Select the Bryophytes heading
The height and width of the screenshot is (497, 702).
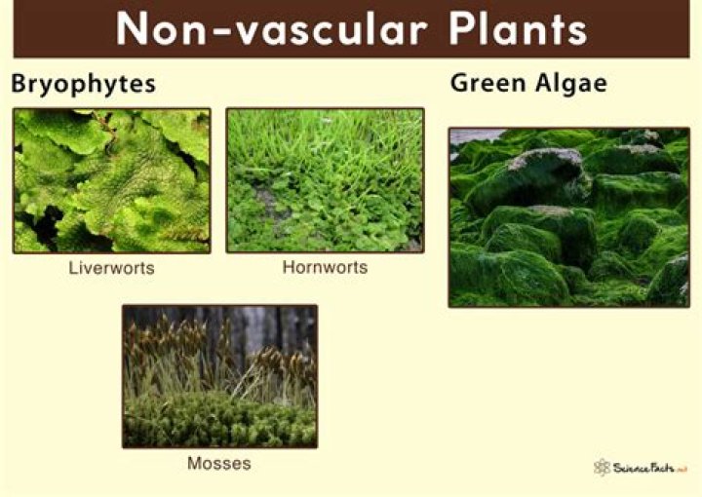point(83,85)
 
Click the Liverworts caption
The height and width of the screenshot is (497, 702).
point(111,266)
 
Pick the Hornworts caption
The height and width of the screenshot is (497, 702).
point(325,266)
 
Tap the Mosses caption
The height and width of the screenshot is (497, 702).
point(218,463)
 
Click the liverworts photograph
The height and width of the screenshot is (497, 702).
point(111,180)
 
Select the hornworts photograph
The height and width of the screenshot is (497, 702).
point(325,180)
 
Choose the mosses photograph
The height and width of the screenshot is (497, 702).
point(219,376)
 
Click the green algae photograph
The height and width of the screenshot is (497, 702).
point(568,217)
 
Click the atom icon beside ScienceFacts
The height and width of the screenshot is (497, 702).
point(602,467)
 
